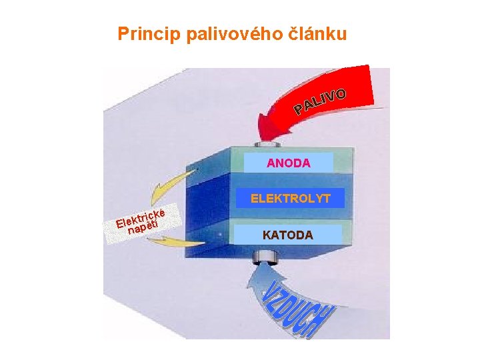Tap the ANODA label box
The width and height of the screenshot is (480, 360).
(x=289, y=163)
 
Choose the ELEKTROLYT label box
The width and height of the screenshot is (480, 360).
(x=290, y=198)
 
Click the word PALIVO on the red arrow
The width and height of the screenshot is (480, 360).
(x=321, y=100)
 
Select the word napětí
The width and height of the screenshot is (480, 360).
(x=143, y=227)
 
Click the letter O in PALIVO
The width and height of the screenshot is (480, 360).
(x=341, y=93)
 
